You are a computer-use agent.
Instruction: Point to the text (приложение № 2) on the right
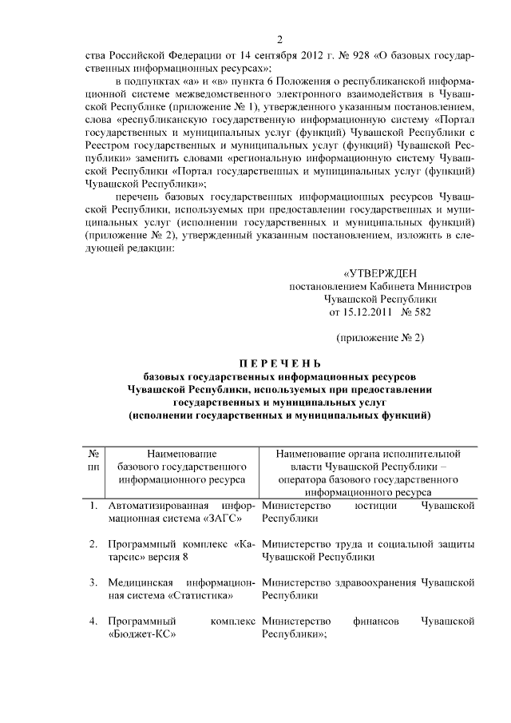coord(379,338)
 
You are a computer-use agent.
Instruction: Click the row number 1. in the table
coord(94,506)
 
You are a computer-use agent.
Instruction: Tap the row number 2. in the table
coord(94,544)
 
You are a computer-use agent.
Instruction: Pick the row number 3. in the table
coord(94,582)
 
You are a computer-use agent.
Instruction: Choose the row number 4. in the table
coord(94,621)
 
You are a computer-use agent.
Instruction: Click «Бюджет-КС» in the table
coord(141,634)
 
